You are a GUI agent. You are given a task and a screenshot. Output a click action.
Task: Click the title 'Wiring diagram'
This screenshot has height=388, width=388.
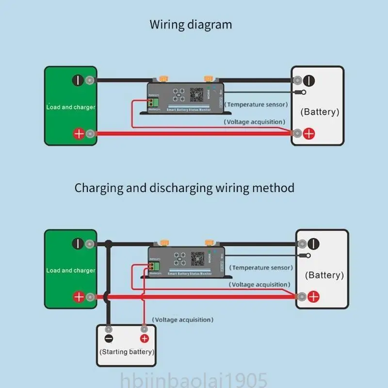click(x=191, y=25)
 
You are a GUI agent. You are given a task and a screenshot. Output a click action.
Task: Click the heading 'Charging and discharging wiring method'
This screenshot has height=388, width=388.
click(x=184, y=188)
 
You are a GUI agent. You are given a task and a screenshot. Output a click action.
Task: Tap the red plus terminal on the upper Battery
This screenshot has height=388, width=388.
click(x=309, y=133)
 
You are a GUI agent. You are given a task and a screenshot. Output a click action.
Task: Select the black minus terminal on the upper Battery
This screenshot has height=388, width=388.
click(x=309, y=80)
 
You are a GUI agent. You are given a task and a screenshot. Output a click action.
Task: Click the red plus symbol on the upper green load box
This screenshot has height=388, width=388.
click(x=78, y=133)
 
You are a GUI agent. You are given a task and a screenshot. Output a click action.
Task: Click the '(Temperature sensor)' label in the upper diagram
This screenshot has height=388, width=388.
click(x=257, y=104)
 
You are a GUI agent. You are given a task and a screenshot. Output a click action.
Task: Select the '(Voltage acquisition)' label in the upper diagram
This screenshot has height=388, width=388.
click(x=255, y=122)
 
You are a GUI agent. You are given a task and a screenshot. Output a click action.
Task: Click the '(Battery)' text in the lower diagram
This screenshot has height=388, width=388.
click(x=324, y=275)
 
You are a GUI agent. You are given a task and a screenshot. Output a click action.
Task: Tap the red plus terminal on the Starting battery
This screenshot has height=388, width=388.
click(x=144, y=339)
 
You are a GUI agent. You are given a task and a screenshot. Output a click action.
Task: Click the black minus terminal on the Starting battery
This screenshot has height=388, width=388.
click(x=109, y=339)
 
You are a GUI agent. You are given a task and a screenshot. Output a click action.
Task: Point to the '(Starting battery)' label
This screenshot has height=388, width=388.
click(x=127, y=352)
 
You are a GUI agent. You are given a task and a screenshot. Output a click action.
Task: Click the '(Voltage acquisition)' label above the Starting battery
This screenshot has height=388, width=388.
click(x=182, y=320)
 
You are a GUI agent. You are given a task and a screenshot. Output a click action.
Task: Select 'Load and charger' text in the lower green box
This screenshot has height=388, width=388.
click(x=71, y=270)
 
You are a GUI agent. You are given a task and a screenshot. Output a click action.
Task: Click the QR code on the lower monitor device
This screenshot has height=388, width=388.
click(x=197, y=258)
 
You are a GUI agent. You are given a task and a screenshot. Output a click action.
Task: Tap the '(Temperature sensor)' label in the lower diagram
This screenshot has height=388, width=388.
click(x=261, y=268)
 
